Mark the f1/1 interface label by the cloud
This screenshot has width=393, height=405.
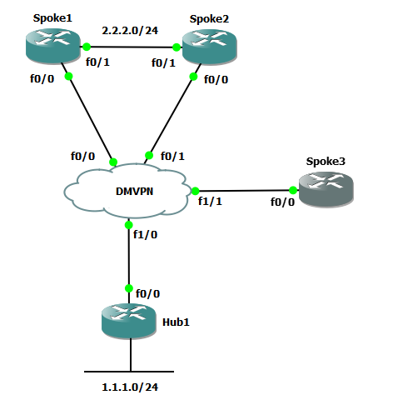click(x=211, y=201)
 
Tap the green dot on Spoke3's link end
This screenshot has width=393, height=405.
click(x=293, y=189)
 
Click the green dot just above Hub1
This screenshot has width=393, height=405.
click(x=129, y=288)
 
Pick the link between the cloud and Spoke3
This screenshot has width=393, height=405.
click(x=246, y=189)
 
